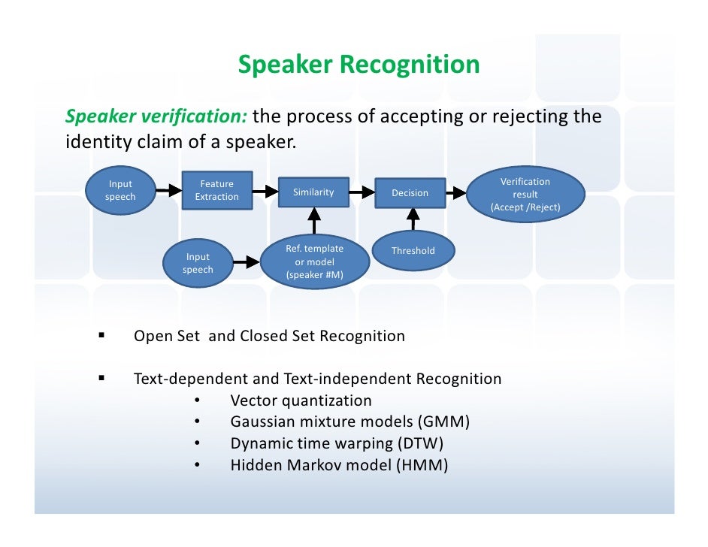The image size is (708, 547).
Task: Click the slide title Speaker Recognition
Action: [x=359, y=65]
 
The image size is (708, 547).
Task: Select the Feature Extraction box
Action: [x=216, y=190]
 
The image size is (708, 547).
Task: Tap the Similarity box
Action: [x=313, y=193]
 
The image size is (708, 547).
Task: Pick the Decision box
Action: [x=410, y=194]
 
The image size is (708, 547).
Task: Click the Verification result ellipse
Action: [x=525, y=194]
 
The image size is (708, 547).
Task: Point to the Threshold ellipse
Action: [x=413, y=251]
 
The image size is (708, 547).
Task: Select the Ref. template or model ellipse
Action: [x=314, y=262]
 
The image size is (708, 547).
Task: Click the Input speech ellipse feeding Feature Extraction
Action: [x=120, y=190]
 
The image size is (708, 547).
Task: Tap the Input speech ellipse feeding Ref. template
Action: [x=198, y=263]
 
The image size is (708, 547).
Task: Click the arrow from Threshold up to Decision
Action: [x=412, y=219]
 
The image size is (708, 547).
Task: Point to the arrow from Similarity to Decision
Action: [x=363, y=192]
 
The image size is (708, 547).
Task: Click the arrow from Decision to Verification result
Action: [x=456, y=193]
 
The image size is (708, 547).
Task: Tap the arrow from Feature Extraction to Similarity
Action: [x=265, y=192]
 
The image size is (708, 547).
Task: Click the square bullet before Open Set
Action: [x=101, y=335]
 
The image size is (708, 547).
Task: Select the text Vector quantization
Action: [x=301, y=400]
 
